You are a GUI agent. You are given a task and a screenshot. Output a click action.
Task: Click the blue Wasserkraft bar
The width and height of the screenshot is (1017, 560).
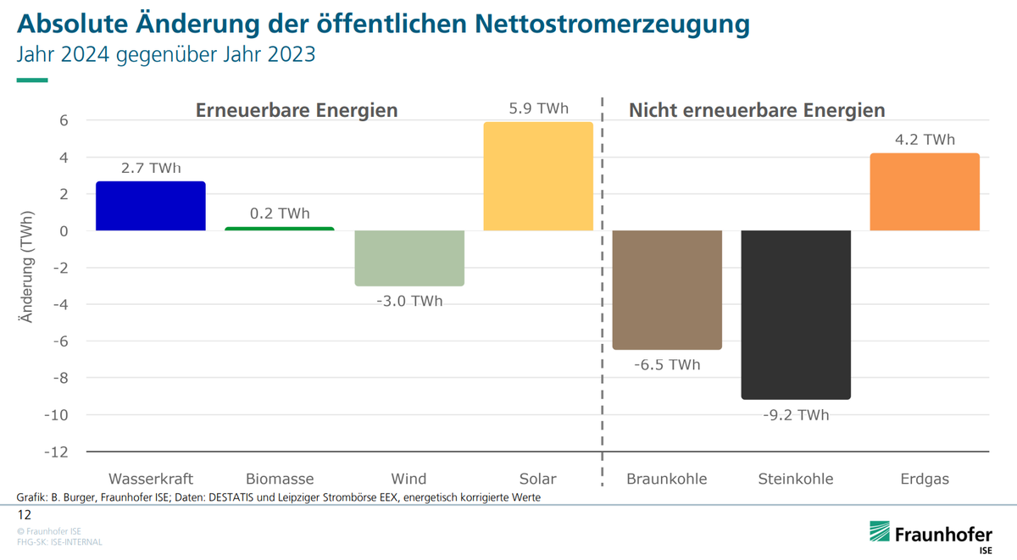tap(150, 206)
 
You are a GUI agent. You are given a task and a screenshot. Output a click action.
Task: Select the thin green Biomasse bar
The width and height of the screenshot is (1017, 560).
tap(280, 229)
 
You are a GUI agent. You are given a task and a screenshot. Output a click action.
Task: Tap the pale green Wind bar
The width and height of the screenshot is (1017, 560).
tap(408, 258)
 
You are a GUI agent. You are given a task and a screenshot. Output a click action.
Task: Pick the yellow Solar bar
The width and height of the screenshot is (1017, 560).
tap(537, 176)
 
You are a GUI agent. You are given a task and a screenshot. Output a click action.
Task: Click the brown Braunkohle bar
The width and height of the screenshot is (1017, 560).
tap(667, 290)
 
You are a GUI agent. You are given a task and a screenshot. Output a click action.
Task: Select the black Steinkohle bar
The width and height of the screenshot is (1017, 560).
tap(796, 314)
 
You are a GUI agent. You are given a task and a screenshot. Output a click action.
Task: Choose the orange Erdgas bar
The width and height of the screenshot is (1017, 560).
tap(925, 192)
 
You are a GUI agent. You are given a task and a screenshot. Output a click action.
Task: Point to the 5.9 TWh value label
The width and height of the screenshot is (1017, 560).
tap(538, 108)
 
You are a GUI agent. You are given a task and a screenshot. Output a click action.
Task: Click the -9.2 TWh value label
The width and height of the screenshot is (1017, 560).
tap(796, 415)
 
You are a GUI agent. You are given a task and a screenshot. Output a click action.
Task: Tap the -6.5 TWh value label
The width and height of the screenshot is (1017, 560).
tap(667, 365)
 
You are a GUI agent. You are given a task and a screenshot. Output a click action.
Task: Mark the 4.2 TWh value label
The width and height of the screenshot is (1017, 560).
tap(925, 140)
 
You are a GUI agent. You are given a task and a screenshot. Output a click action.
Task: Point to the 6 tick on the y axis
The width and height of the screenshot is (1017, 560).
tap(64, 120)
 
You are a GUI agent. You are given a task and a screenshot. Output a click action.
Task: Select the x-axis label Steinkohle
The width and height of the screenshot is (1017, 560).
tap(796, 480)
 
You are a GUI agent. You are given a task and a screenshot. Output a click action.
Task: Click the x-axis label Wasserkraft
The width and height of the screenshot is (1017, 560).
tap(151, 480)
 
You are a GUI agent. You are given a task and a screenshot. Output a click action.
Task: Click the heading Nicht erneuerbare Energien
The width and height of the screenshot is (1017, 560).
tap(756, 110)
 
